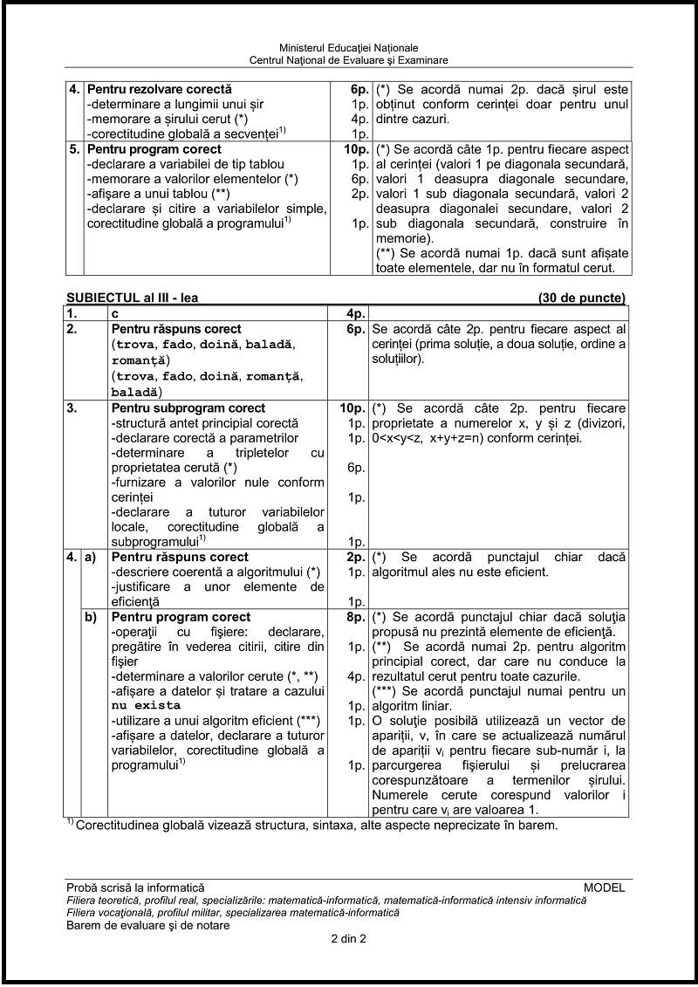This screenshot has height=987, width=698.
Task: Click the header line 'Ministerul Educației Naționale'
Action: point(349,47)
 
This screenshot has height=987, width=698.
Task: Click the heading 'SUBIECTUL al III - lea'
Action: point(133,298)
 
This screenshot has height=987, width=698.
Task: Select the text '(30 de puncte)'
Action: point(582,298)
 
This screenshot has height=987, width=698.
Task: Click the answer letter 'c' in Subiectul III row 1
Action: point(114,312)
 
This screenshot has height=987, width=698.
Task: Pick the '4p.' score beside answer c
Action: point(352,312)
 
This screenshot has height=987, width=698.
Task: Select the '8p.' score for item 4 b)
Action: point(354,617)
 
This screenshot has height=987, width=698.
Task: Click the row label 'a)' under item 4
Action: point(90,557)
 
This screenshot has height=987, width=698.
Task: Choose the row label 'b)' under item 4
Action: point(90,617)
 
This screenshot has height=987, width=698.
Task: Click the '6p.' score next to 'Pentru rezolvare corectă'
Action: point(354,89)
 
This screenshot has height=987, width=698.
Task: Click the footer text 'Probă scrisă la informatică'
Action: point(134,888)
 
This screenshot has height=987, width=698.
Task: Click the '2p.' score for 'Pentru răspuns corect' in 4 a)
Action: point(354,557)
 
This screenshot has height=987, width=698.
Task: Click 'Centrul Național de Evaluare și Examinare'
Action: point(349,60)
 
